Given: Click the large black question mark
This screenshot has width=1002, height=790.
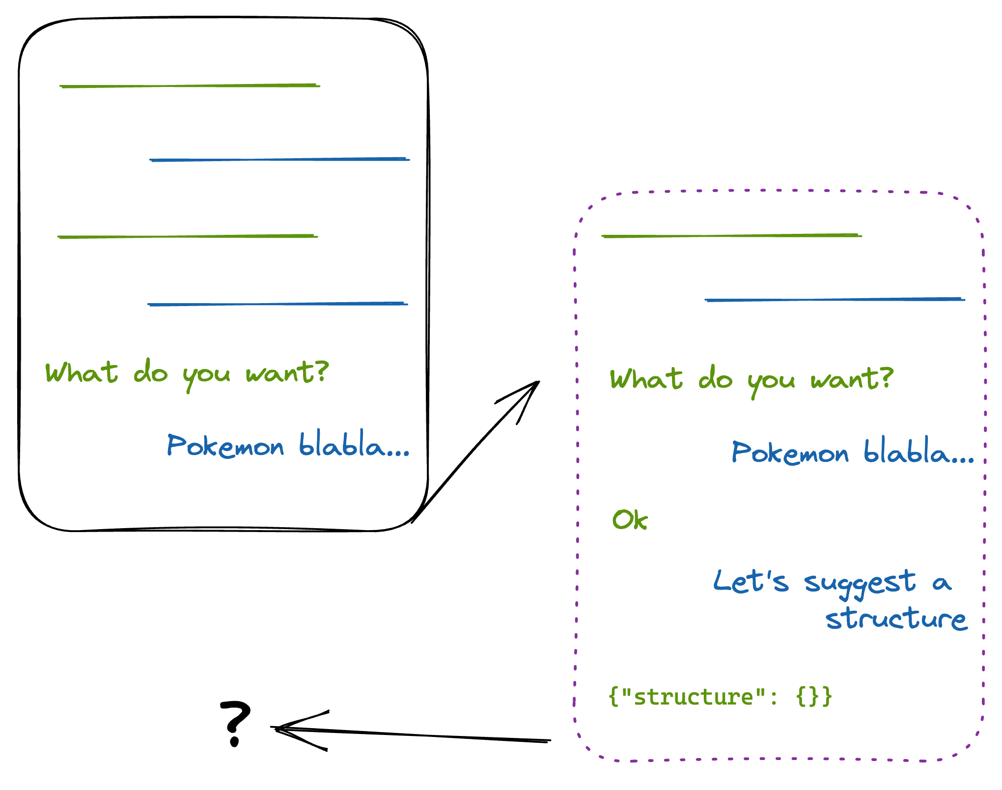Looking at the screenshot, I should tap(235, 722).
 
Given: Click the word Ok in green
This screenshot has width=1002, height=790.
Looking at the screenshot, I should tap(630, 520).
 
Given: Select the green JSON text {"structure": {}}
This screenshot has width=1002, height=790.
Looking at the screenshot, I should tap(720, 697).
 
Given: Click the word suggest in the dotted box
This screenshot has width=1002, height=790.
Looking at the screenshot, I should tap(860, 584).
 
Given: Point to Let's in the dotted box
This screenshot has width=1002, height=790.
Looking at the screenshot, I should tap(751, 582).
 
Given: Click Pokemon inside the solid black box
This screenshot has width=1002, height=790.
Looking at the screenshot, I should tap(225, 446).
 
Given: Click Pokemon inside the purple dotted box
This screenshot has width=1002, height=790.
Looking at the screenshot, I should tap(790, 452).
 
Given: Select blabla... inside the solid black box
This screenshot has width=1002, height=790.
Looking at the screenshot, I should tap(354, 444).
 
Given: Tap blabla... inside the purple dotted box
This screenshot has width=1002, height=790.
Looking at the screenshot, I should tap(918, 451).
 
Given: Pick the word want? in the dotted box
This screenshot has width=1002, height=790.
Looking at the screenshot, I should tap(852, 379).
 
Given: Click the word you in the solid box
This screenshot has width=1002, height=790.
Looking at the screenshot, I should tap(206, 376).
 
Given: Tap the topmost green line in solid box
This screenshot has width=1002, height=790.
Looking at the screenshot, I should tap(190, 86).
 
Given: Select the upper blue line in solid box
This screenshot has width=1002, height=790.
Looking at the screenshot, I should tap(279, 160).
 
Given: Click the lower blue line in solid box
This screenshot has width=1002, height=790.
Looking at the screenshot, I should tap(278, 304).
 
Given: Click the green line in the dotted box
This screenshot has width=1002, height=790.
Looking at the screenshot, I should tap(731, 236).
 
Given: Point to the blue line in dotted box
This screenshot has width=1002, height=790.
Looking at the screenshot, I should tap(835, 299).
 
